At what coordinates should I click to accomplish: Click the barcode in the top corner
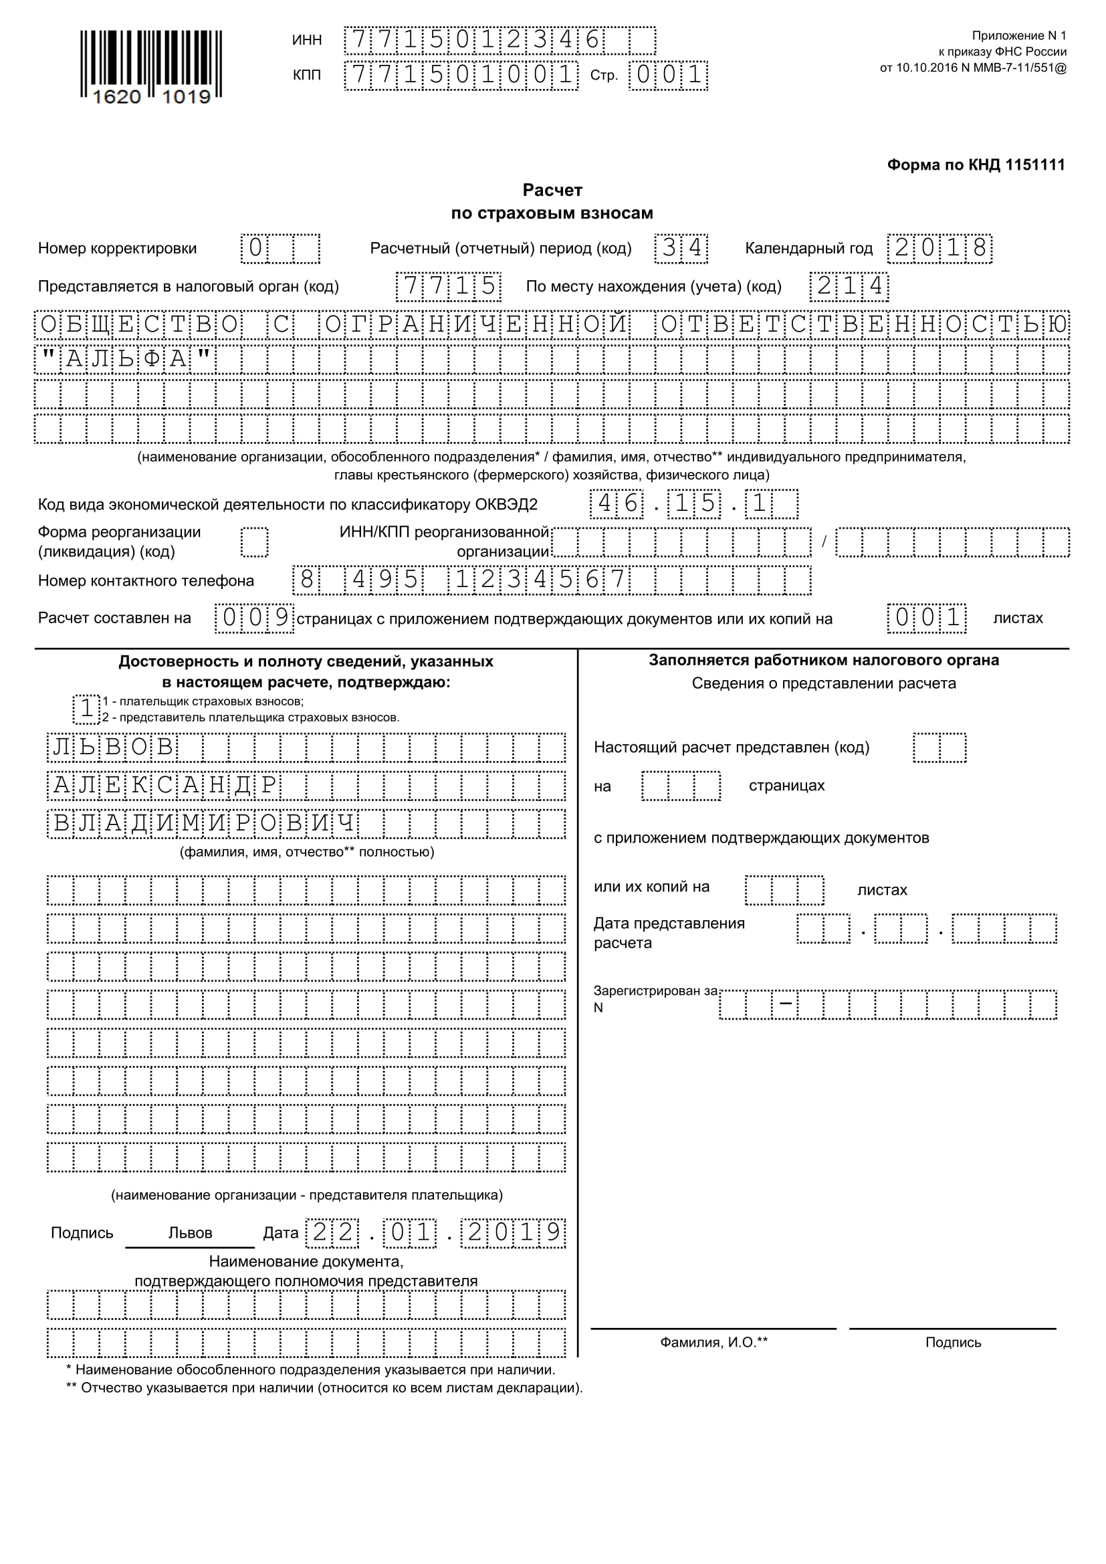tap(150, 67)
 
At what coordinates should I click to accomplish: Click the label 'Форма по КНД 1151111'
tap(975, 165)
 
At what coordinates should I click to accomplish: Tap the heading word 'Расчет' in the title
tap(552, 190)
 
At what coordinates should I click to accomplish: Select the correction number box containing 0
tap(255, 248)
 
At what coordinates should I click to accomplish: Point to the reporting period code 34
tap(681, 248)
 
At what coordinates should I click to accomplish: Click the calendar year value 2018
tap(939, 248)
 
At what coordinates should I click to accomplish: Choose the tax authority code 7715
tap(449, 286)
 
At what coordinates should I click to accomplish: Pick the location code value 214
tap(849, 286)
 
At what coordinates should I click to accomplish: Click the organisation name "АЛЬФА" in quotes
tap(125, 359)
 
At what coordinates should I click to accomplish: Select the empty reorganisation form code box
tap(255, 543)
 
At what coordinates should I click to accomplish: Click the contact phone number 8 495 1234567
tap(462, 580)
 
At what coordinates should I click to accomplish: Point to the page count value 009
tap(255, 618)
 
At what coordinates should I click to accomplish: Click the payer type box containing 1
tap(86, 708)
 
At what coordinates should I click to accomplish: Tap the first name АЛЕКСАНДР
tap(164, 786)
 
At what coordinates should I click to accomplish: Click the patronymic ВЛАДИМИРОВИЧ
tap(204, 824)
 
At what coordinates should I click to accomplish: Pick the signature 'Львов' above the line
tap(190, 1233)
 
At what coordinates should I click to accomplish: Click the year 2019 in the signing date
tap(513, 1233)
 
